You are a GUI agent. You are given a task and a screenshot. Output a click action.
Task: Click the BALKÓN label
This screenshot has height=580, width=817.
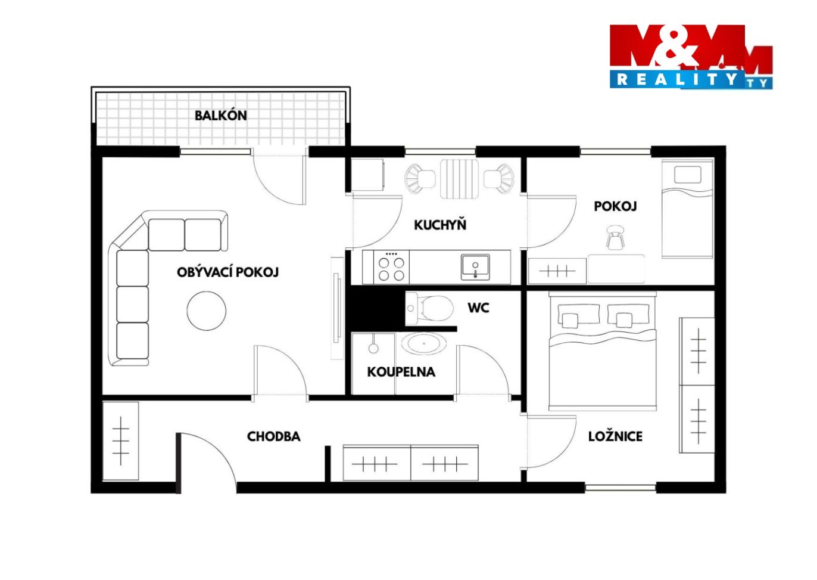[x=221, y=116]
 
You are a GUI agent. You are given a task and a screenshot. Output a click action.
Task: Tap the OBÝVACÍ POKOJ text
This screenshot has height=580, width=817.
[x=227, y=272]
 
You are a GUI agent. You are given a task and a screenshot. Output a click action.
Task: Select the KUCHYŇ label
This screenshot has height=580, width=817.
[x=440, y=225]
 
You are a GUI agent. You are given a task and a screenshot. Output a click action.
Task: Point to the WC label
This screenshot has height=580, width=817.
[x=478, y=308]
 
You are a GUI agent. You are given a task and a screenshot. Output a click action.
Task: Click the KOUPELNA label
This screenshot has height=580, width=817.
[x=401, y=372]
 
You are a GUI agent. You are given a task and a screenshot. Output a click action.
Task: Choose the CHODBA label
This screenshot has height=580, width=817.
[x=273, y=436]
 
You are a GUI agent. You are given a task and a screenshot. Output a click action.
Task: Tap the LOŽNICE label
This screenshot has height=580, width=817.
[x=615, y=436]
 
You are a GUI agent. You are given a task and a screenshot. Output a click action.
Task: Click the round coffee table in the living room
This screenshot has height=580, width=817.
[x=207, y=311]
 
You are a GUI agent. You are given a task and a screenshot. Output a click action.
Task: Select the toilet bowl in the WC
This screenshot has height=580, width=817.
[x=430, y=308]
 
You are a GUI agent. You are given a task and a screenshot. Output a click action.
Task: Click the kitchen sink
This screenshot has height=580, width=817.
[x=475, y=268]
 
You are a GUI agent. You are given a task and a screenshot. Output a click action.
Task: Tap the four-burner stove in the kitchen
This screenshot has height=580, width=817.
[x=391, y=267]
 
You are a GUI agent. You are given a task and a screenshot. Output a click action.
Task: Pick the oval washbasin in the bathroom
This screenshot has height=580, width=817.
[x=424, y=344]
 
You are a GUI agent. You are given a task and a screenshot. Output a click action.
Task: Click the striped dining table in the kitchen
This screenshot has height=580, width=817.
[x=459, y=179]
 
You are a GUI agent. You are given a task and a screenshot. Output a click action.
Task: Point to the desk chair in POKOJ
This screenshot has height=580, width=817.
[x=615, y=238]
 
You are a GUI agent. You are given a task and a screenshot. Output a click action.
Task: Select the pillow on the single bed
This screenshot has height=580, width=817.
[x=688, y=175]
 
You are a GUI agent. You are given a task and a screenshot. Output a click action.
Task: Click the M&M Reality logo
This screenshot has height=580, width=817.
[x=691, y=57]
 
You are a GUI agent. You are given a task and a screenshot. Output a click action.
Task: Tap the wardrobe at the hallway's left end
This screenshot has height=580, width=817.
[x=121, y=441]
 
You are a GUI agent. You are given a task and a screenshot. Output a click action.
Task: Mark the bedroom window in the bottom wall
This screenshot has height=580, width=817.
[x=620, y=487]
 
